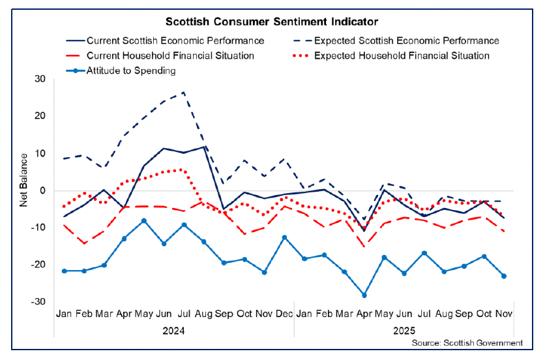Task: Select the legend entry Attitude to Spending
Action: tap(130, 70)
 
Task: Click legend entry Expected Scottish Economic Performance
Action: tap(406, 40)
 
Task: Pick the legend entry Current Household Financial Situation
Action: tap(169, 55)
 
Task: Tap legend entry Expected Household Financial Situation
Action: tap(402, 55)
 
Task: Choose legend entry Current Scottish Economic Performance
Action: tap(175, 40)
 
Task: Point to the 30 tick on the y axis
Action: tap(42, 79)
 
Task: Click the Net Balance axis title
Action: tap(23, 179)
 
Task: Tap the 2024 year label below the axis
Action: tap(173, 330)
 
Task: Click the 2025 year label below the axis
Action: tap(404, 330)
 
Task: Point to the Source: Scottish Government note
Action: tap(467, 342)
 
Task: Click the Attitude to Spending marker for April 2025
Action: tap(364, 295)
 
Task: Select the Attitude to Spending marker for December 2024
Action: tap(284, 237)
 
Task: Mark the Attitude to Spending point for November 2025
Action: tap(504, 276)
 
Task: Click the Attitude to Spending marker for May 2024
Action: tap(144, 221)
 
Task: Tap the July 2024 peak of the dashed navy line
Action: tap(184, 92)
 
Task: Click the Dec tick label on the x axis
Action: tap(284, 314)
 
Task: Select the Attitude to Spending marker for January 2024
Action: tap(64, 271)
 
